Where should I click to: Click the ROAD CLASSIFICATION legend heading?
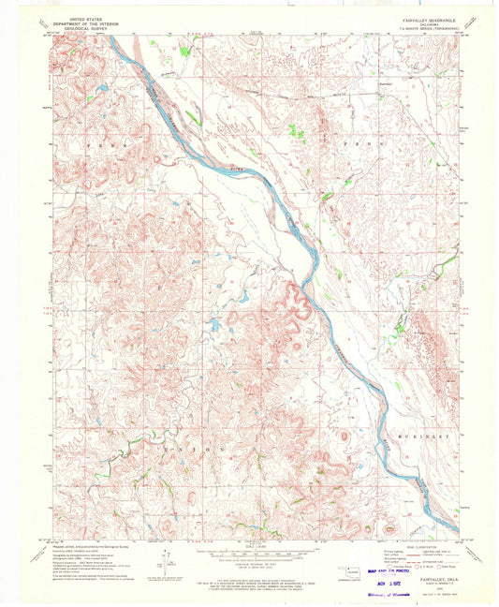[412, 549]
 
